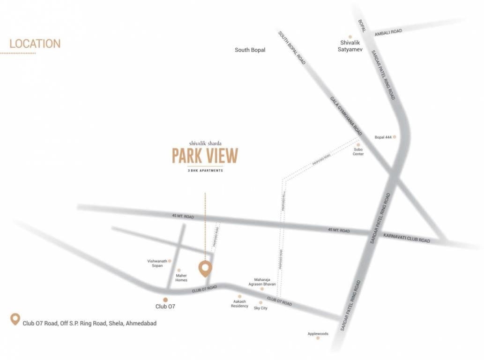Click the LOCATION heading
tap(35, 44)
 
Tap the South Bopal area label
tap(250, 50)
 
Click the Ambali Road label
tap(388, 32)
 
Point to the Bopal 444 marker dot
tap(395, 137)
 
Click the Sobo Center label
tap(358, 152)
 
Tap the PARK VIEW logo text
tap(205, 156)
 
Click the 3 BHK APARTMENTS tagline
tap(205, 171)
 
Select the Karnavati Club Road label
tap(406, 238)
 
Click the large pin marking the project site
tap(205, 268)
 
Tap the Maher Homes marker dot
tap(179, 270)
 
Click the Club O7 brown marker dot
tap(165, 300)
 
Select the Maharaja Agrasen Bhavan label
tap(262, 282)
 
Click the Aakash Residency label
tap(239, 304)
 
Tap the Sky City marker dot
tap(261, 302)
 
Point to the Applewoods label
tap(318, 334)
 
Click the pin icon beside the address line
tap(15, 320)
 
